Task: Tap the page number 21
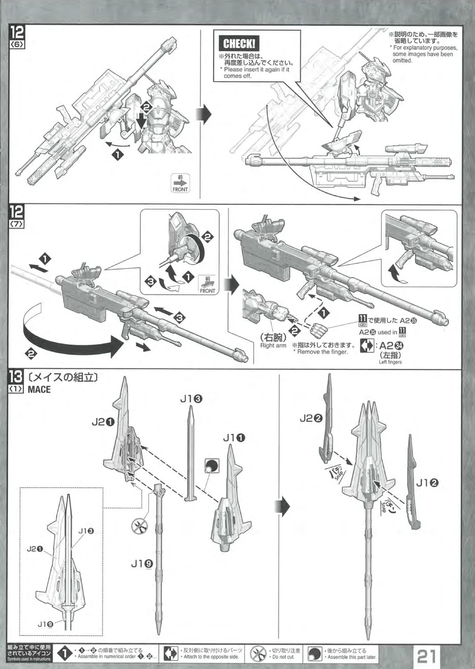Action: point(426,656)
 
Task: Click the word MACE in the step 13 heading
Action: point(39,389)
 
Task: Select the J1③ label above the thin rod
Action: point(192,399)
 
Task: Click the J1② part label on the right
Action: point(427,482)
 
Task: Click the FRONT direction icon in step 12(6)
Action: point(180,183)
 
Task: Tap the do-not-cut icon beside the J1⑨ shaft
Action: point(139,526)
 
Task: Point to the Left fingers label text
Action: point(390,362)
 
